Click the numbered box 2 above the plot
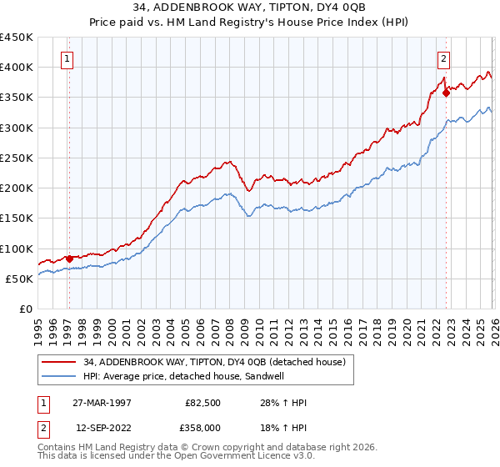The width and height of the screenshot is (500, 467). (x=444, y=58)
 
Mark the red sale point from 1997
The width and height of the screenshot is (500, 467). (x=69, y=259)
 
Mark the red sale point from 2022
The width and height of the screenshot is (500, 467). (x=446, y=93)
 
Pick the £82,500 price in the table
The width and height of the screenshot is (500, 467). (x=203, y=402)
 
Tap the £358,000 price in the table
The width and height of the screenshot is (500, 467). (x=203, y=427)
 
